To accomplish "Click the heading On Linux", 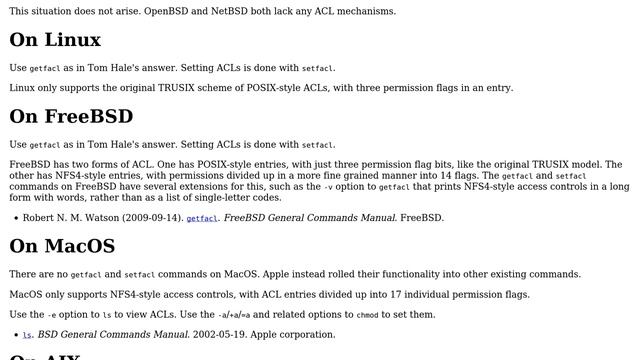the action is coord(55,41).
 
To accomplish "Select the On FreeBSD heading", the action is coord(71,117).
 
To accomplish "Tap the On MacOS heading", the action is coord(62,246).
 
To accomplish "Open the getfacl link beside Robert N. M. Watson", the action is coord(201,218).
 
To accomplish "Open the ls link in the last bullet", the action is coord(27,336).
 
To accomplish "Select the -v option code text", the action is coord(328,187).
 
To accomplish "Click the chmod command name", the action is coord(368,315).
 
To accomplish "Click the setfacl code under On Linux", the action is coord(318,69).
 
